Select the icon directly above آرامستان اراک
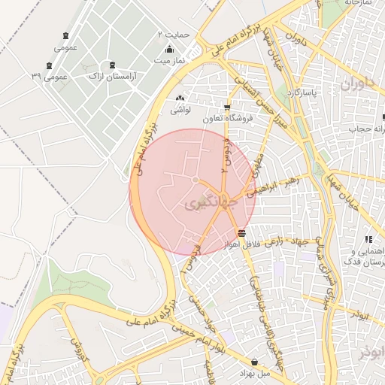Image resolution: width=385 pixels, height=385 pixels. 112,65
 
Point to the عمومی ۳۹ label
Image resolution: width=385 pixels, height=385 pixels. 50,77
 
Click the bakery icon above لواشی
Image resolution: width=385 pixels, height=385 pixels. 179,99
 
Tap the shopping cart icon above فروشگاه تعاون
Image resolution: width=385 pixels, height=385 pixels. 228,108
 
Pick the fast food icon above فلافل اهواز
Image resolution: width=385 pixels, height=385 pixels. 241,233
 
